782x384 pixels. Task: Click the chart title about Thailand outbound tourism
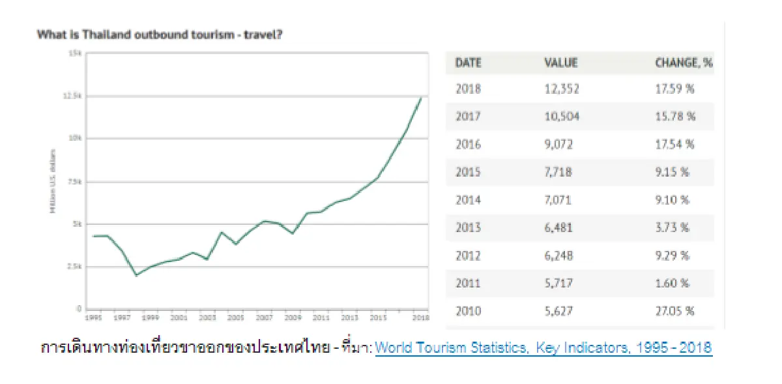pos(160,35)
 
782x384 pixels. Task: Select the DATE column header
pos(468,63)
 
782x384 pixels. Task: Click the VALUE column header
pos(560,63)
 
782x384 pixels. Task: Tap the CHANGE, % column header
pos(684,63)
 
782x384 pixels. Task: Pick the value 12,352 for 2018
pos(561,89)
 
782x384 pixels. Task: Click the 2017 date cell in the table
pos(468,117)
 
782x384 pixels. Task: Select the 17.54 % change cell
pos(674,145)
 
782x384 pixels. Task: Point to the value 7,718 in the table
pos(558,172)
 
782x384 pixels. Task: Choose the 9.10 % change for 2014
pos(672,200)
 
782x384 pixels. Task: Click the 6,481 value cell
pos(558,228)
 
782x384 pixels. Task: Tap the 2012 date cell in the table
pos(468,256)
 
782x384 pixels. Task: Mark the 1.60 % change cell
pos(672,283)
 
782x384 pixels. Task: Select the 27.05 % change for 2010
pos(674,311)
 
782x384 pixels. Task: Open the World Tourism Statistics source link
pos(543,347)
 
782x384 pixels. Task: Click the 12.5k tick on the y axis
pos(74,96)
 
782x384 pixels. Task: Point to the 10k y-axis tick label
pos(76,138)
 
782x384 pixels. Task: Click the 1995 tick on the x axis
pos(93,318)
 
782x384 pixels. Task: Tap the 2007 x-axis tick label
pos(264,318)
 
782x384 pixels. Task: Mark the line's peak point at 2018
pos(422,98)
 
